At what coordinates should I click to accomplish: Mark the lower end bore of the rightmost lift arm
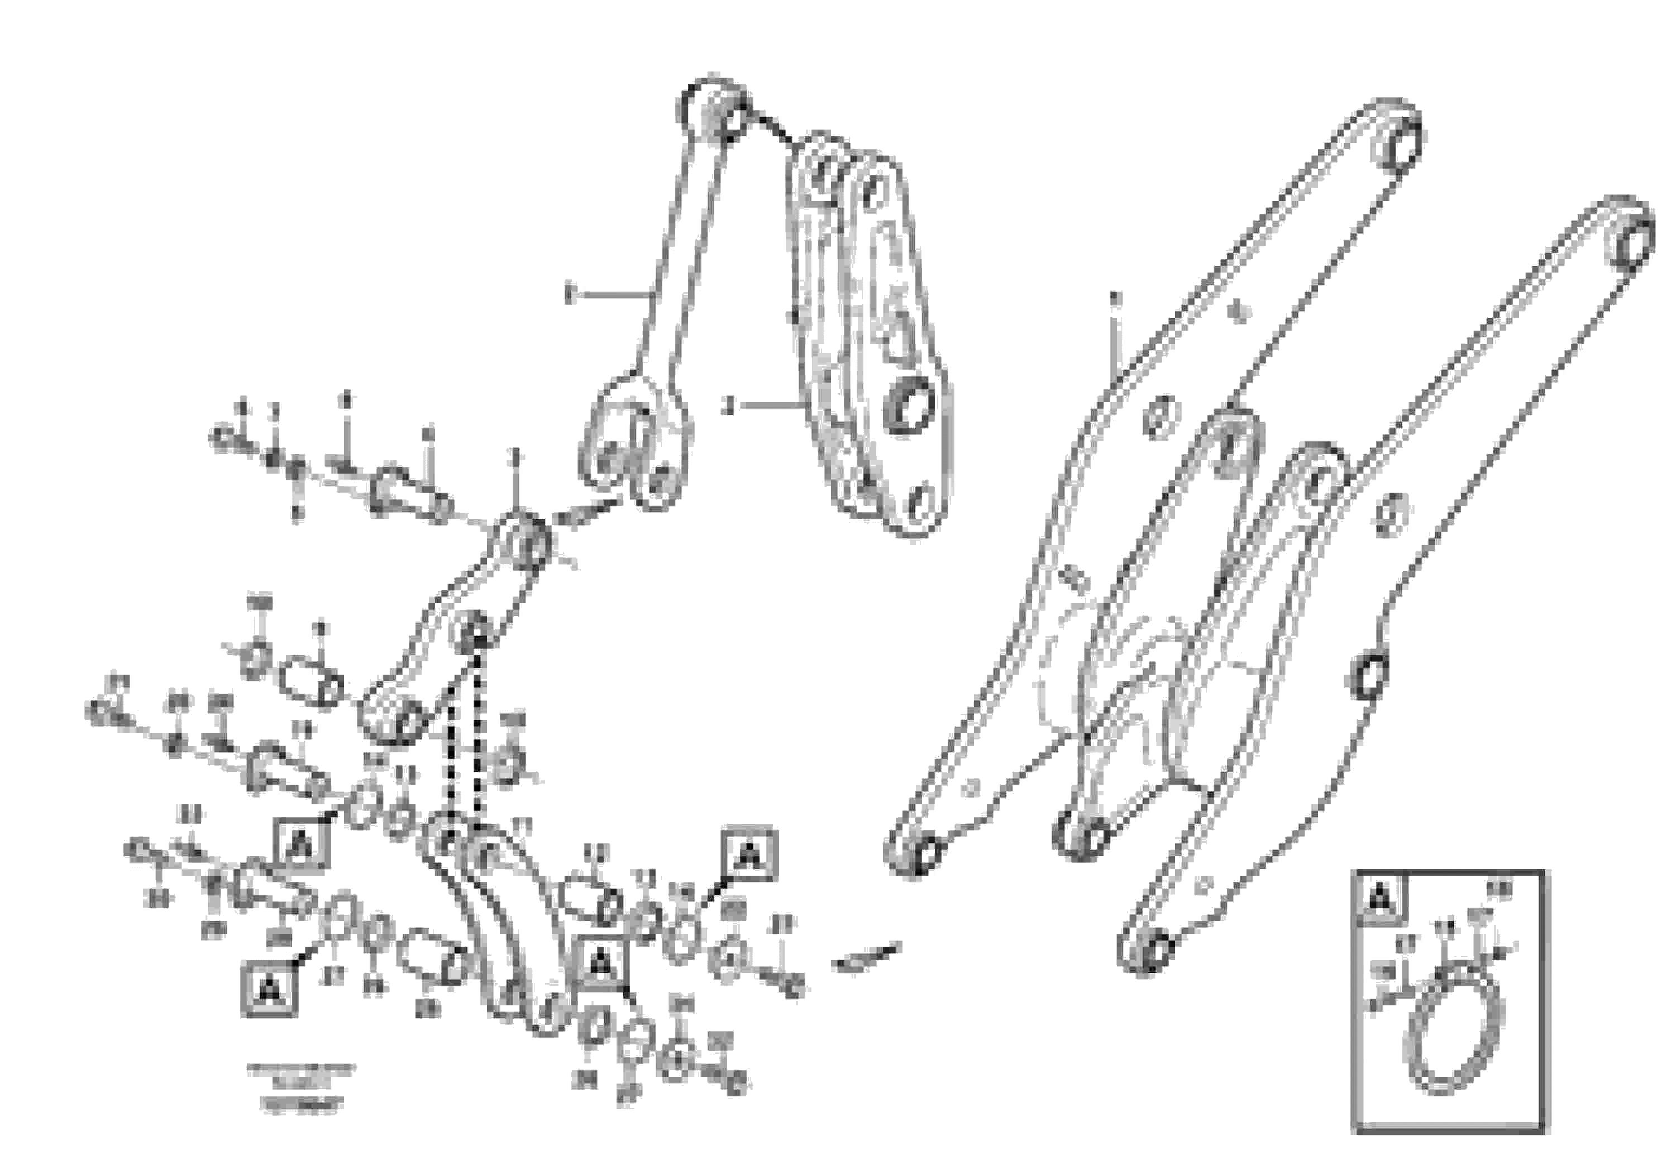pyautogui.click(x=1153, y=949)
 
